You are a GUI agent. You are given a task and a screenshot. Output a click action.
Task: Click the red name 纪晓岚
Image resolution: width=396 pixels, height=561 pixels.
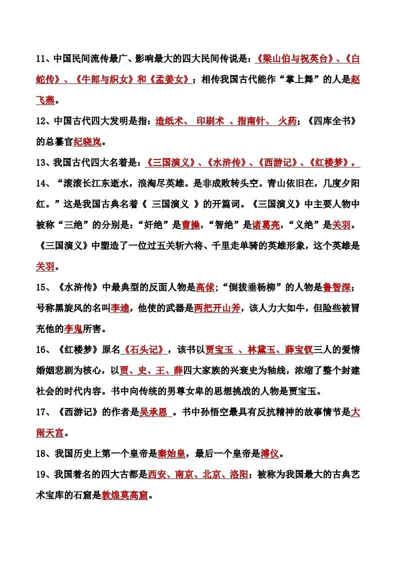pos(87,142)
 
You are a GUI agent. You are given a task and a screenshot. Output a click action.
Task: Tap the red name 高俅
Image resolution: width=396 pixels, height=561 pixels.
pos(205,287)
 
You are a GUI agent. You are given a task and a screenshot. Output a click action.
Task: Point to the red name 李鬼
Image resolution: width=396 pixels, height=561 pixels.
pos(73,329)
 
